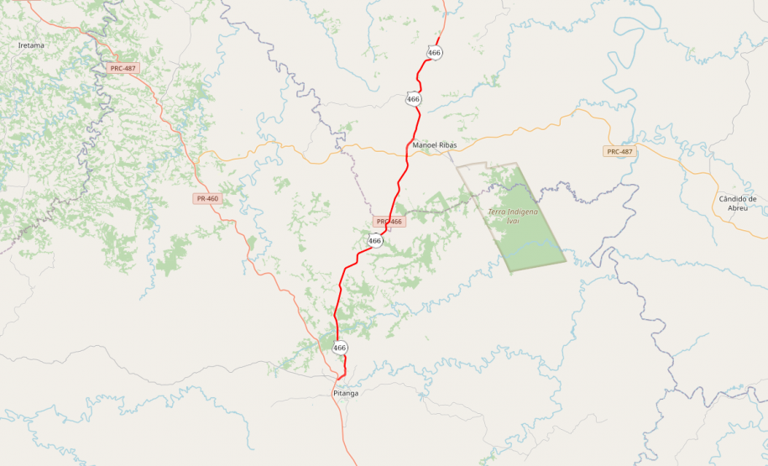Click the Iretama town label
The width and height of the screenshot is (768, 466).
(31, 45)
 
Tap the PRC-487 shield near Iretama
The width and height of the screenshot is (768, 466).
(123, 68)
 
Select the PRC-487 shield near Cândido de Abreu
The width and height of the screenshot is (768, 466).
(619, 151)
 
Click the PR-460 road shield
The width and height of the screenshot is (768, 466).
(206, 199)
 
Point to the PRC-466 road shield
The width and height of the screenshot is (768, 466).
(389, 222)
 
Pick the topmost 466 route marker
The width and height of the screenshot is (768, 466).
(434, 53)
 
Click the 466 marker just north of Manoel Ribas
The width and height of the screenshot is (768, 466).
(413, 99)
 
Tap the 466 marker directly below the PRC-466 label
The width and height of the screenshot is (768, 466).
(375, 241)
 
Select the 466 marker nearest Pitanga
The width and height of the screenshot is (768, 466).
(339, 348)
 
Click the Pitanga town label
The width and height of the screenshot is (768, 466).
(346, 393)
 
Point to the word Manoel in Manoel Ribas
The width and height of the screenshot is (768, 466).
(426, 145)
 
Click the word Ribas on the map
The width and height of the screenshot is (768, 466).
(448, 145)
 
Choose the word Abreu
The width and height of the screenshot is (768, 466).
(738, 207)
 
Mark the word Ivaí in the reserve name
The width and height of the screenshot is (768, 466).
(513, 222)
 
